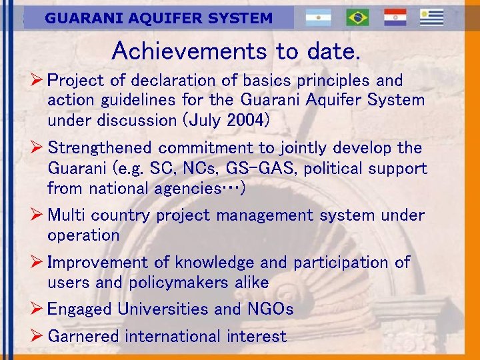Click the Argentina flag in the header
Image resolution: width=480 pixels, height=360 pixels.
click(318, 17)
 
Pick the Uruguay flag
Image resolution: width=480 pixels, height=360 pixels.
click(431, 17)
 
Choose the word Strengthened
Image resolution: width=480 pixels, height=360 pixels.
click(100, 147)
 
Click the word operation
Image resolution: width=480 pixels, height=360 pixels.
click(83, 235)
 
